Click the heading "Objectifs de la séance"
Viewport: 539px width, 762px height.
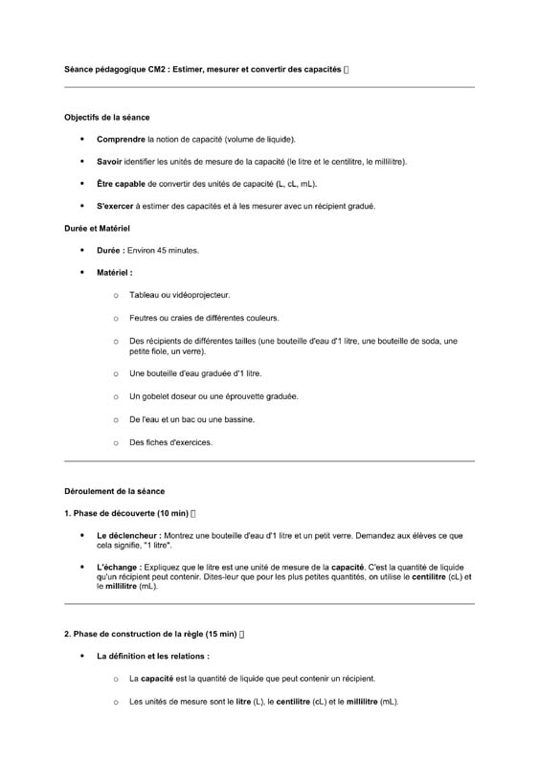click(106, 118)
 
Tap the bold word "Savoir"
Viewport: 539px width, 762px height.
click(110, 162)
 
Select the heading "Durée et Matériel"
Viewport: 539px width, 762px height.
click(97, 229)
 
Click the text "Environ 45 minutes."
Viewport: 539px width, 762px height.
click(164, 251)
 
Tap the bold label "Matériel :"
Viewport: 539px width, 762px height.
click(114, 273)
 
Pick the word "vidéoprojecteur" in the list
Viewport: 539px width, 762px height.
click(199, 296)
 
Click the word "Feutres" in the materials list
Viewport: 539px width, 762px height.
click(145, 318)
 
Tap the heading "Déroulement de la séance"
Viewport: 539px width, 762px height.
click(114, 491)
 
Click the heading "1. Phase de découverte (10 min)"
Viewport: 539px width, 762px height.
click(125, 513)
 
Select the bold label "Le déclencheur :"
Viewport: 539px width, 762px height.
click(129, 535)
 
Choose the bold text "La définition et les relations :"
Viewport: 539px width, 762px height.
click(152, 657)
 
